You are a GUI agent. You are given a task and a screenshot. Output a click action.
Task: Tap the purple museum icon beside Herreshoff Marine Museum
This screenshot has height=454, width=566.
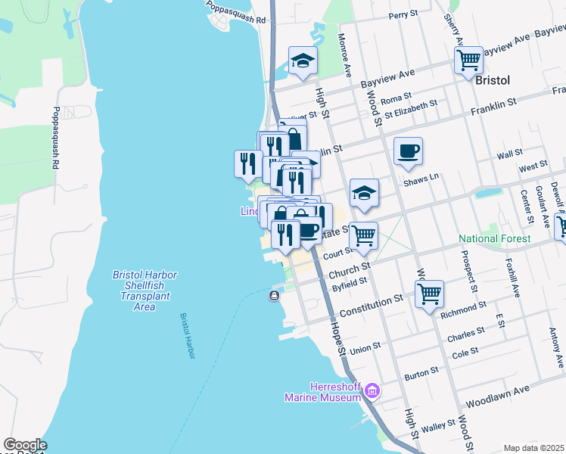[x=371, y=391]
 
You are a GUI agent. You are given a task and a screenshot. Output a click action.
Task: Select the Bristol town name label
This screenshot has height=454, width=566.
[x=493, y=79]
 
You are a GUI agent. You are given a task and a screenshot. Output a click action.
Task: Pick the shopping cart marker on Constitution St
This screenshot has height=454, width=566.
[x=429, y=293]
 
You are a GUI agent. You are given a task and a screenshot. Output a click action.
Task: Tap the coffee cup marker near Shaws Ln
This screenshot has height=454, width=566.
[x=408, y=151]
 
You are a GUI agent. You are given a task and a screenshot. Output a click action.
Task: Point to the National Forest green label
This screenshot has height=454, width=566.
[x=494, y=239]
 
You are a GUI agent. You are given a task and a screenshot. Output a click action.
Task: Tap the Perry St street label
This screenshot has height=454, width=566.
[x=403, y=14]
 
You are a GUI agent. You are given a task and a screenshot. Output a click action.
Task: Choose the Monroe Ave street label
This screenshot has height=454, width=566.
[x=345, y=55]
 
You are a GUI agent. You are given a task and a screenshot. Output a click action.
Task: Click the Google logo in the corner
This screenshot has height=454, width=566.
[x=24, y=446]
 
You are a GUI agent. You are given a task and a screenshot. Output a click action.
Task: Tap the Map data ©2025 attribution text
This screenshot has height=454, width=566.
[x=533, y=448]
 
